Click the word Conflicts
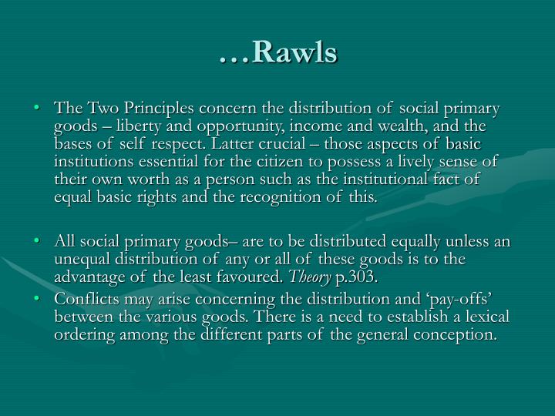pyautogui.click(x=86, y=300)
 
